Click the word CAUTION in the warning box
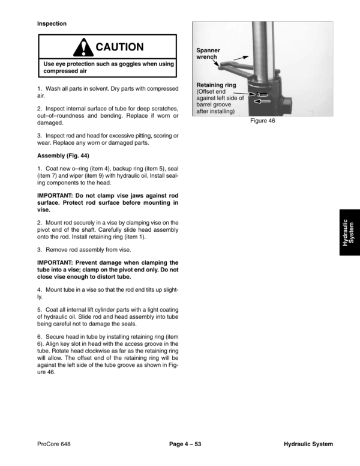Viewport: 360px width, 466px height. pyautogui.click(x=120, y=47)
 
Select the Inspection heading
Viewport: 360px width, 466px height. pyautogui.click(x=52, y=24)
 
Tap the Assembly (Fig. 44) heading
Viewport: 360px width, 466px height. pyautogui.click(x=63, y=156)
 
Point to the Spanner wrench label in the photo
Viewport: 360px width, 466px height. pyautogui.click(x=208, y=54)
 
